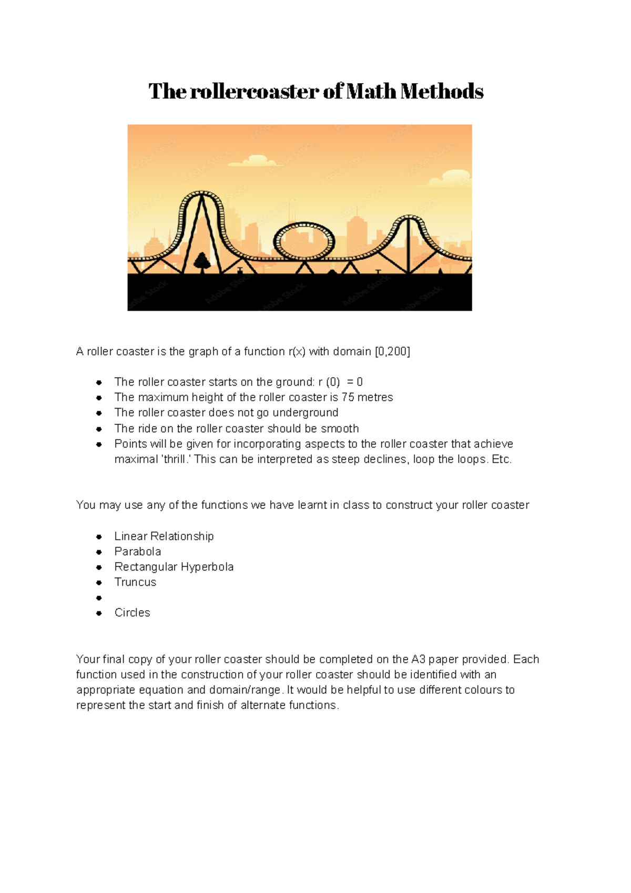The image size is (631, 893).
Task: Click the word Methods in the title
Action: (x=442, y=92)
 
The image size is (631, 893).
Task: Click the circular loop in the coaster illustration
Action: (x=304, y=241)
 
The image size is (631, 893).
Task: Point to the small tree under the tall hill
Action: (x=201, y=261)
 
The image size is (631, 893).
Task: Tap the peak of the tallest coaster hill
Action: (x=201, y=193)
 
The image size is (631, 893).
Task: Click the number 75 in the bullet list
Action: (x=348, y=397)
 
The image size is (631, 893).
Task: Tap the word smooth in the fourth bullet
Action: (x=340, y=428)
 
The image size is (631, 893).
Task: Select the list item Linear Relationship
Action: (x=164, y=536)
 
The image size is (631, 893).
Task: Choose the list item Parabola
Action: (x=138, y=551)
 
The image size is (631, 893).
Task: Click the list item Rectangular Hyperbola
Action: (x=174, y=566)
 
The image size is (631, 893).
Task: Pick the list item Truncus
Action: (x=135, y=582)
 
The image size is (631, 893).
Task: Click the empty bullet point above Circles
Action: (x=99, y=598)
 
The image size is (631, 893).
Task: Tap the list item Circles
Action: (x=133, y=612)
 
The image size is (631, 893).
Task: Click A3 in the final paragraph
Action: (x=418, y=659)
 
